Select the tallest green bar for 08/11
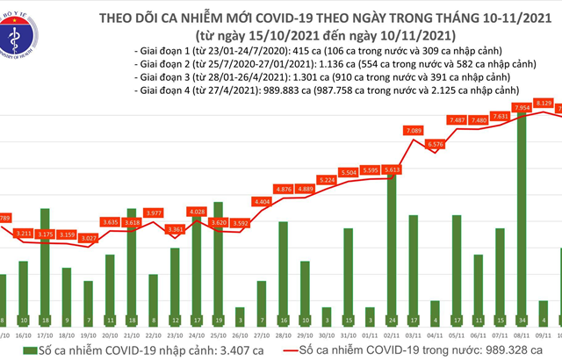coord(522,220)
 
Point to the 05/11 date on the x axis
coord(456,336)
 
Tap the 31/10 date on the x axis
coord(347,336)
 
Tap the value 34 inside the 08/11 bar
coord(522,320)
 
